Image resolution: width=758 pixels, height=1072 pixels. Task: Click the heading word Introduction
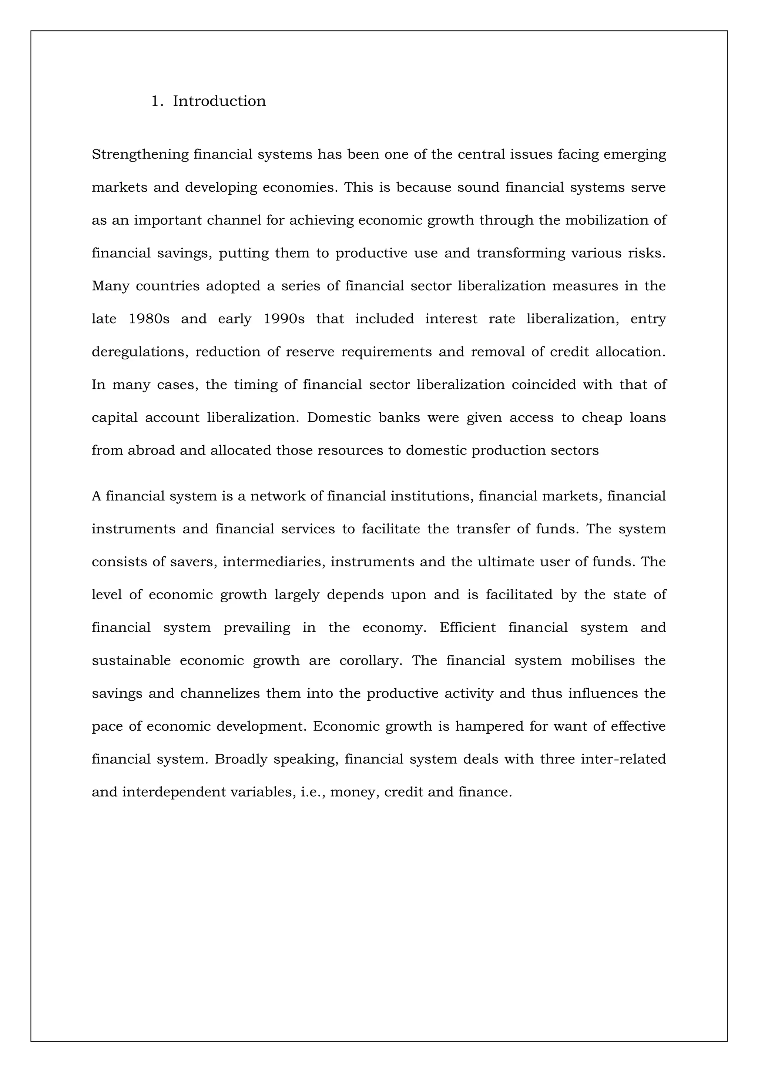pos(219,101)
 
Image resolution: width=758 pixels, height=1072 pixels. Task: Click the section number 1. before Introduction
pos(157,101)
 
